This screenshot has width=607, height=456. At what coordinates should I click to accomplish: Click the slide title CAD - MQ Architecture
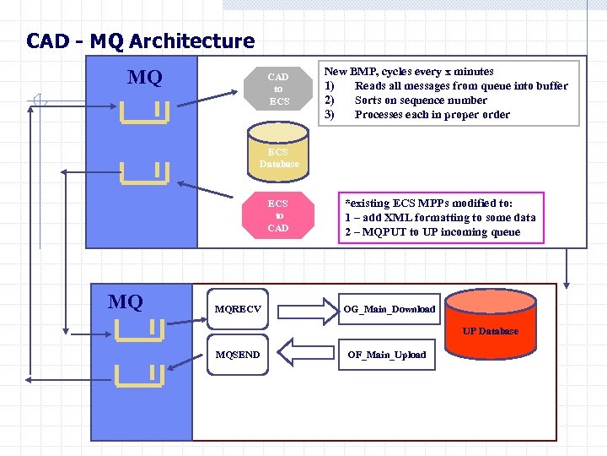(x=140, y=41)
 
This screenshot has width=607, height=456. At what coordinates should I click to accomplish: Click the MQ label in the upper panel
(x=144, y=79)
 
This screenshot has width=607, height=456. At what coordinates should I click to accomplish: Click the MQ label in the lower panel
(x=126, y=301)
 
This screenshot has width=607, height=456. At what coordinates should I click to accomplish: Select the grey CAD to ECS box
(x=278, y=90)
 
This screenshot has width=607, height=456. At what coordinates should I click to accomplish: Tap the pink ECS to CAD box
(x=277, y=216)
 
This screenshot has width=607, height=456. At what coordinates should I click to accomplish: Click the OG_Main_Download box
(x=389, y=309)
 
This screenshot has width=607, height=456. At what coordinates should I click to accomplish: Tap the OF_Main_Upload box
(x=387, y=355)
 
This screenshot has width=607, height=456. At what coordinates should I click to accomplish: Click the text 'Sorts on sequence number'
(x=421, y=100)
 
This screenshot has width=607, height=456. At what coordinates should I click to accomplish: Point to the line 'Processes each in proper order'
(x=432, y=115)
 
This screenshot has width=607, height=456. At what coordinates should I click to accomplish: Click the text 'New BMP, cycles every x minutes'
(x=410, y=72)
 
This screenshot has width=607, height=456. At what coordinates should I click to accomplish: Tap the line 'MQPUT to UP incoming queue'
(x=438, y=232)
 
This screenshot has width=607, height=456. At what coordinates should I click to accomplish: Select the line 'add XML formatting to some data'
(x=446, y=218)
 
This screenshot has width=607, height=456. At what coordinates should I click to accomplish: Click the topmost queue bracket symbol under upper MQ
(x=144, y=111)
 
